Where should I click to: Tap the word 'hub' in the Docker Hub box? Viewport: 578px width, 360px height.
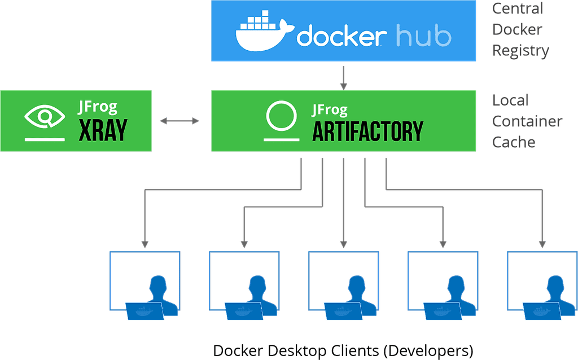423,37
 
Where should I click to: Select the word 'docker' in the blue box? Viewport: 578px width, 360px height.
341,37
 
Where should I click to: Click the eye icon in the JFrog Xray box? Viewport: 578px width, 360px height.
45,117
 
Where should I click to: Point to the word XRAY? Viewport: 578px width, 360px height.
102,130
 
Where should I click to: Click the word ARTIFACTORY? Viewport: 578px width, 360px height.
367,131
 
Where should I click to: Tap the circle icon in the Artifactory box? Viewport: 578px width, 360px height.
281,116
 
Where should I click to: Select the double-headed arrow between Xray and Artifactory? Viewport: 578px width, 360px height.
181,120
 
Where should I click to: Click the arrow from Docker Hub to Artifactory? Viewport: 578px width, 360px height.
343,77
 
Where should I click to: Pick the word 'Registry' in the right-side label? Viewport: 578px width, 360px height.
520,50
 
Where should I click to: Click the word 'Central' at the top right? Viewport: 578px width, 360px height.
518,9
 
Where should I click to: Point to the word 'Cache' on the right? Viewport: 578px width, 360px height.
514,142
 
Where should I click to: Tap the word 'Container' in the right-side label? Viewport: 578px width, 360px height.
527,121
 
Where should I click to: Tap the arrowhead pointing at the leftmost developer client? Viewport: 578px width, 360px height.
144,244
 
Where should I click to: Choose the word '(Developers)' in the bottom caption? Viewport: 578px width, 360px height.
428,351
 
